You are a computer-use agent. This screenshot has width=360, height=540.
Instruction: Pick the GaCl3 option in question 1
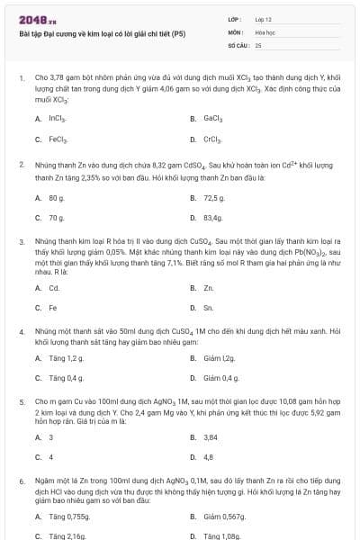pyautogui.click(x=213, y=118)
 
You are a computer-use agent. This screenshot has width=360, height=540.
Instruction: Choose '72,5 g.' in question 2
pyautogui.click(x=214, y=196)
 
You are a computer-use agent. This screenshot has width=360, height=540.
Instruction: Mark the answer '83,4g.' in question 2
pyautogui.click(x=213, y=218)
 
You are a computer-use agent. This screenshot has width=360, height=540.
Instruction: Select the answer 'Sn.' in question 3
pyautogui.click(x=209, y=309)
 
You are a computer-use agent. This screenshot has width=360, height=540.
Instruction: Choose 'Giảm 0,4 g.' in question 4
pyautogui.click(x=221, y=378)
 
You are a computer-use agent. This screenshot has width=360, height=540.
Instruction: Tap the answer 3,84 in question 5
pyautogui.click(x=211, y=436)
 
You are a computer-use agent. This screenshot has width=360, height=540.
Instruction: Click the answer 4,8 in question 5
pyautogui.click(x=209, y=457)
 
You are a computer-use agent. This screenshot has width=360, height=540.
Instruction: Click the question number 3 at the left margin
pyautogui.click(x=21, y=242)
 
